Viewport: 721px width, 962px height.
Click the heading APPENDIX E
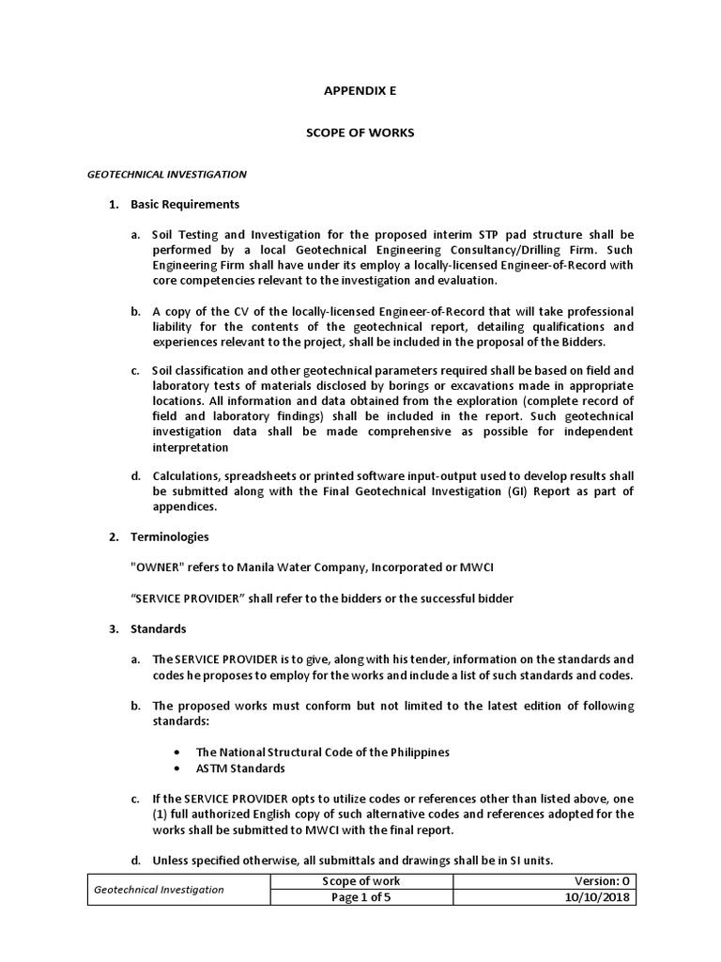pos(360,91)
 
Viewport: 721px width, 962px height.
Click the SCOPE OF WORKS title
pos(360,132)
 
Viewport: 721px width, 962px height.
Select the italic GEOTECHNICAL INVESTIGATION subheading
pos(166,174)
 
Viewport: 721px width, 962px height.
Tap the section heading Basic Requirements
pos(197,204)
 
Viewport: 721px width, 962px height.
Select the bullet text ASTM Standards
pos(240,768)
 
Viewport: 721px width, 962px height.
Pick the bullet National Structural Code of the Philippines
pos(322,752)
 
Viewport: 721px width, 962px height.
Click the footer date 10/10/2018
pos(604,897)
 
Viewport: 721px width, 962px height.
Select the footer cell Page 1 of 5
pos(360,897)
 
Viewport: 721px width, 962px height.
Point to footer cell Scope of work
pos(360,880)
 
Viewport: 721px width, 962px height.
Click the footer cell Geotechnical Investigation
pos(157,889)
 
